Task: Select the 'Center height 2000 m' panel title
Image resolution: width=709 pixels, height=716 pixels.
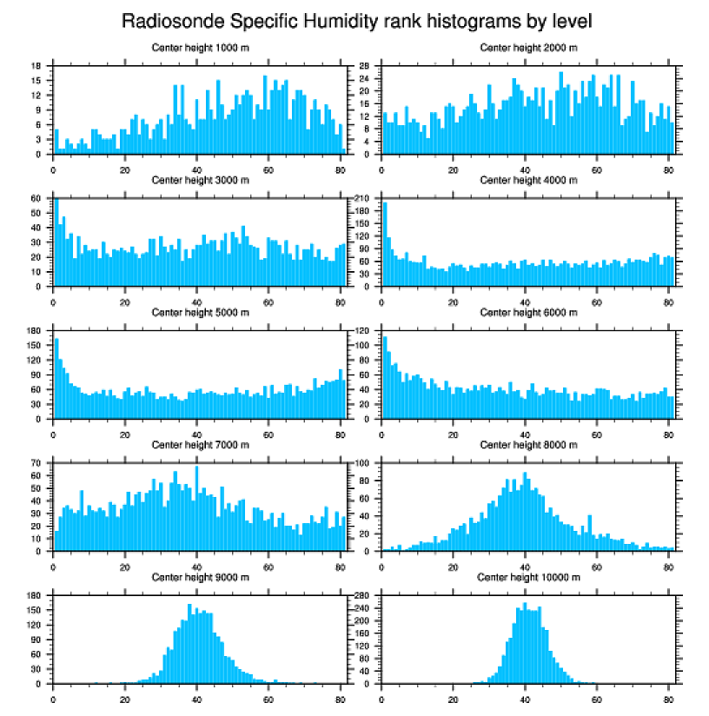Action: [528, 48]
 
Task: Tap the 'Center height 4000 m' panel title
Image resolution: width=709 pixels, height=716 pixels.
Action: [528, 181]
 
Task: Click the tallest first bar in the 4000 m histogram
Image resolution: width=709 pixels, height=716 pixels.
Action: [385, 243]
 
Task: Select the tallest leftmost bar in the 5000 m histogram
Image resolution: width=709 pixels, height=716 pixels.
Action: [56, 378]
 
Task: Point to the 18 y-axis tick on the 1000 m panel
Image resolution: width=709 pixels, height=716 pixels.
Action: [36, 65]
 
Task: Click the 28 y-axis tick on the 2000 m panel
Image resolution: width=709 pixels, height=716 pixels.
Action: [366, 65]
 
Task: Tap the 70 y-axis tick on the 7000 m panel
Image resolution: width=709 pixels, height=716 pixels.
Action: [36, 463]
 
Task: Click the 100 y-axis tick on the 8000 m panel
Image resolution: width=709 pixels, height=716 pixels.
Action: [364, 463]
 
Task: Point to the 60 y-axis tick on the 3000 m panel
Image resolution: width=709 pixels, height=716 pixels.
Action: [36, 198]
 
